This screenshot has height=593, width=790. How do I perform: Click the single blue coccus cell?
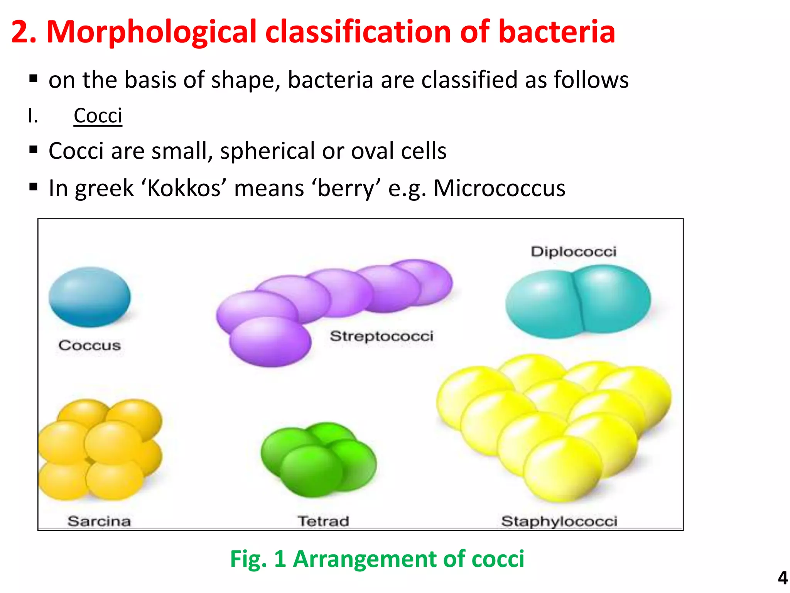pos(89,297)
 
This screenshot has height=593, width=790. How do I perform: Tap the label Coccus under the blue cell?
pos(89,345)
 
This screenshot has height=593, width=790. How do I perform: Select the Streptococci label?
pos(381,336)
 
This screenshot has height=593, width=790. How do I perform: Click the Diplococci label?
pos(573,252)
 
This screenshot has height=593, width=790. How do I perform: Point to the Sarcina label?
pos(99,521)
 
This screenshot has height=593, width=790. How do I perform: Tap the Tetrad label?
pos(323,521)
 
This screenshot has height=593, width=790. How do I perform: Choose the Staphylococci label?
pos(559,521)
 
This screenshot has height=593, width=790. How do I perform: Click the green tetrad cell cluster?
pos(318,459)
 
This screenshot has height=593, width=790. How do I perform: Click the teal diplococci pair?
pos(578,301)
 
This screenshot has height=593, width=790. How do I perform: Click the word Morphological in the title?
pos(151,32)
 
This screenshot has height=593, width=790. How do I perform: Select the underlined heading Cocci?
pos(98,115)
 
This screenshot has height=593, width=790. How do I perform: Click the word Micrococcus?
pos(499,188)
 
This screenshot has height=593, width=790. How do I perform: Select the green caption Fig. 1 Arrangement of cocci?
pos(377,559)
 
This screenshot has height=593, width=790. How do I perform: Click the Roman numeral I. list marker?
pos(33,115)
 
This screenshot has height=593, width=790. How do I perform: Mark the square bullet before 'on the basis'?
pos(34,79)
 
